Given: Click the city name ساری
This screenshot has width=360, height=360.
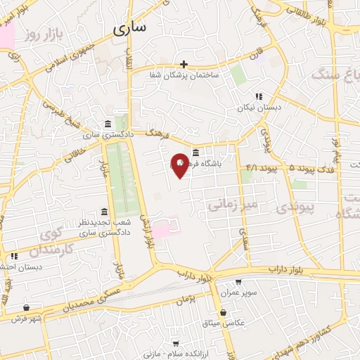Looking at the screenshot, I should point(130,28).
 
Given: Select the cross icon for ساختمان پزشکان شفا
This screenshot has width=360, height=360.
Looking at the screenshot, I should point(184,64).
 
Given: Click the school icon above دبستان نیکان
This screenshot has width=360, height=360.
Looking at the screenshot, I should point(259,97).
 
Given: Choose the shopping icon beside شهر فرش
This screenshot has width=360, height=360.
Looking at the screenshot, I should point(27,308).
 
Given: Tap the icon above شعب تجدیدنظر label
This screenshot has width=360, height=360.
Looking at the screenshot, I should point(104,212).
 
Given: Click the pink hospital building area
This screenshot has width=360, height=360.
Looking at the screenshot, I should point(165,229).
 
